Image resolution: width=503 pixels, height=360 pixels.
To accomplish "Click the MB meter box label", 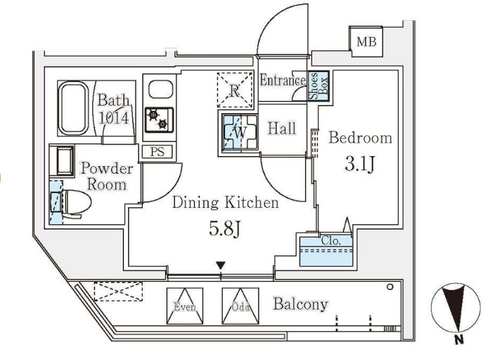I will [x=366, y=42].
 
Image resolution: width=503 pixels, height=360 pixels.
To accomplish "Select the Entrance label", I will [x=283, y=81].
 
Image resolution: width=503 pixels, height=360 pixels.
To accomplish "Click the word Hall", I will [x=281, y=128].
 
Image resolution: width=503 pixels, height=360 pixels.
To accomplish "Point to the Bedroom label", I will [x=360, y=138].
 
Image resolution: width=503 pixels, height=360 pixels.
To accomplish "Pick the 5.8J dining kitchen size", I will [x=224, y=229].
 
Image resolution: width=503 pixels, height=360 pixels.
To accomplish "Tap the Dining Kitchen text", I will [x=224, y=203].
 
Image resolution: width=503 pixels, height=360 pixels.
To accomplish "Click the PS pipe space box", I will [x=157, y=152].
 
